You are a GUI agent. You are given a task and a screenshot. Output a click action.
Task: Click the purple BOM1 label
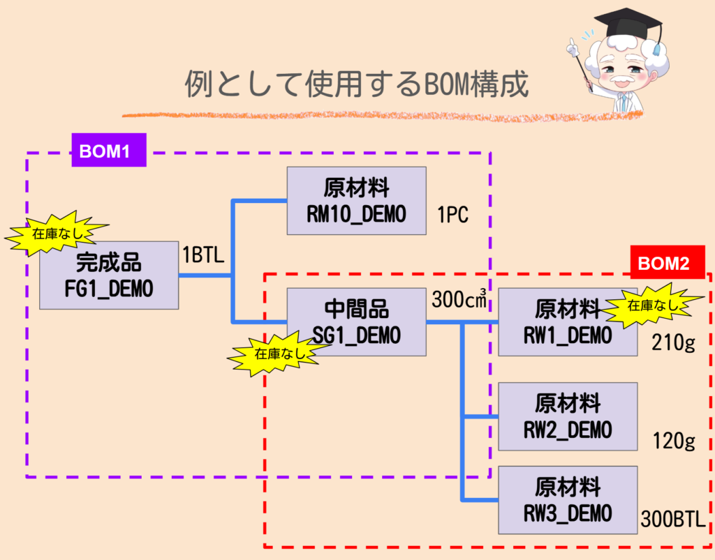[109, 150]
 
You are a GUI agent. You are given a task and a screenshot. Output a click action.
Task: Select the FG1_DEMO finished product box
[108, 275]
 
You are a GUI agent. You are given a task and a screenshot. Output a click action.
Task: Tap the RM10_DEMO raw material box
[356, 201]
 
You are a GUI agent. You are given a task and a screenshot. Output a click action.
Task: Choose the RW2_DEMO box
[568, 416]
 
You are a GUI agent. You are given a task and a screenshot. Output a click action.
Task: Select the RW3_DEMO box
[568, 500]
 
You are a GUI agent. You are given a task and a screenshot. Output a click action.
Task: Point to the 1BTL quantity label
[202, 255]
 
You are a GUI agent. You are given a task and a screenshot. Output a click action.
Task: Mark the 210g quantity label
[673, 342]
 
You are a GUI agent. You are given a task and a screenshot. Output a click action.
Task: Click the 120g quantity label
[673, 441]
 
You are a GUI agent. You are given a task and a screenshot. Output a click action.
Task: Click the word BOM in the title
[445, 85]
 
